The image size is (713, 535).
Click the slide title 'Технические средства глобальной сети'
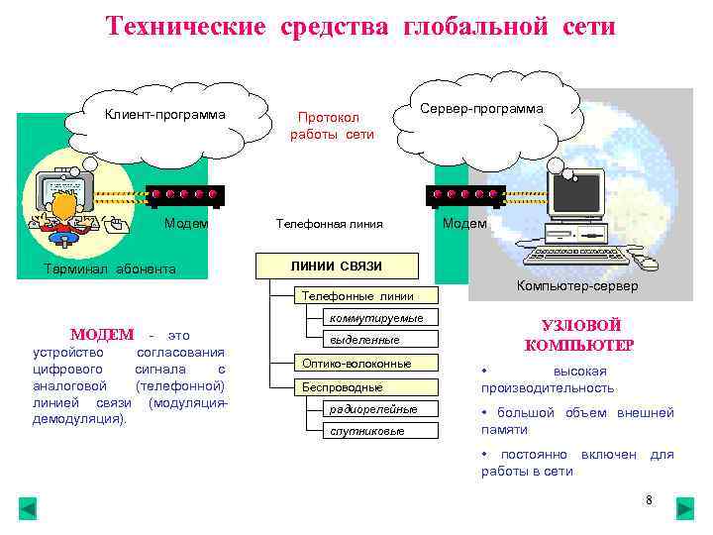[360, 26]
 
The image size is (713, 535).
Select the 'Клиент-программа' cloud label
[165, 114]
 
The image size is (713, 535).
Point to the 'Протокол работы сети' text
[332, 125]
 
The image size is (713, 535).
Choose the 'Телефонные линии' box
[357, 295]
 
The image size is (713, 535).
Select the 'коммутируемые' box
[376, 318]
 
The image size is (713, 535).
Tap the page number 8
[649, 500]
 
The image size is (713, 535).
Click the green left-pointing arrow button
[28, 509]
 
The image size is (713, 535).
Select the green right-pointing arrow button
[685, 509]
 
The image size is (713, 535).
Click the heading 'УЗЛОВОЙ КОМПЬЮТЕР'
[579, 336]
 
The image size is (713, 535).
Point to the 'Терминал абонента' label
[111, 268]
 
